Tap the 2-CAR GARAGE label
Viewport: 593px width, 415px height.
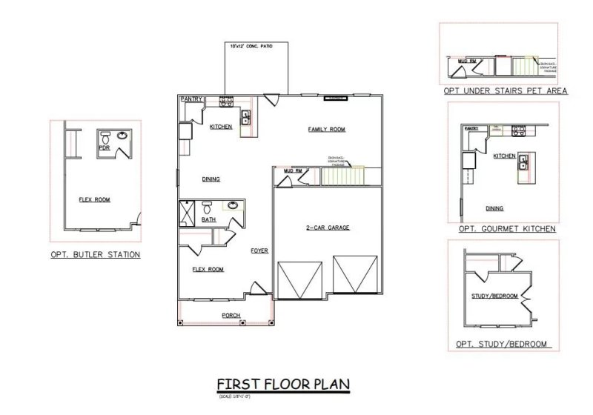coord(328,228)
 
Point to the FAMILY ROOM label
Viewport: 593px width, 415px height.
coord(327,130)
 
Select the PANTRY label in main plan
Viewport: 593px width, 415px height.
coord(192,99)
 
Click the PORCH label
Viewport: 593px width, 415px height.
coord(231,316)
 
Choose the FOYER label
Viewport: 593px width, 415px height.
coord(259,250)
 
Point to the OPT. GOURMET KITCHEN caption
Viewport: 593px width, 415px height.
coord(507,229)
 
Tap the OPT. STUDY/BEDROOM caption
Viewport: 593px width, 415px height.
coord(503,344)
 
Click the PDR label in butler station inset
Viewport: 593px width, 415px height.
coord(104,147)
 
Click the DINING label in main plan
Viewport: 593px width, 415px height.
coord(211,179)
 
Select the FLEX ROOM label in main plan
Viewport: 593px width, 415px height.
coord(208,269)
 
